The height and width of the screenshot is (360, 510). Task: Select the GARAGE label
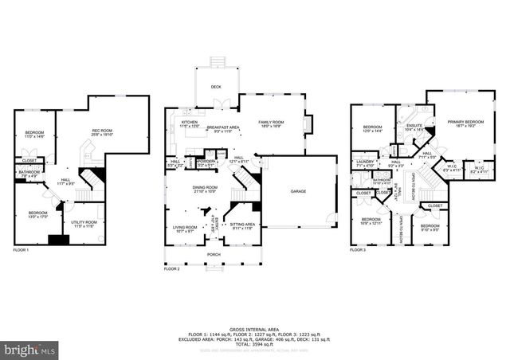(298, 192)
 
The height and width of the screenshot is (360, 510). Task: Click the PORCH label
(214, 255)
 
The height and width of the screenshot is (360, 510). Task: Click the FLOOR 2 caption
(172, 270)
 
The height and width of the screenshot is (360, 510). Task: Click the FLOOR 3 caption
(358, 251)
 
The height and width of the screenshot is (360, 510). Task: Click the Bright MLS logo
(29, 349)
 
